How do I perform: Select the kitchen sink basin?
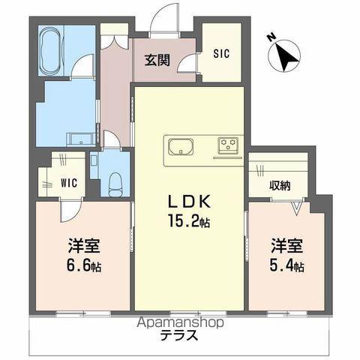click(181, 147)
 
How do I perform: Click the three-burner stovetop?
click(228, 144)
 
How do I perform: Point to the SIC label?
click(221, 53)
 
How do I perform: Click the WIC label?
click(69, 183)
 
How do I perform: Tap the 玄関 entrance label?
click(157, 60)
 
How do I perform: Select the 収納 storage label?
click(280, 185)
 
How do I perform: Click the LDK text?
click(189, 202)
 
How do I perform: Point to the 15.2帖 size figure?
click(189, 221)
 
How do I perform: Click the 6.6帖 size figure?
click(84, 265)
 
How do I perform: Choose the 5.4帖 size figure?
click(286, 265)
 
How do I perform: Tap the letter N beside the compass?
click(271, 37)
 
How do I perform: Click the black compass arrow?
click(287, 57)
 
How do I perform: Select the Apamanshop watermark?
click(181, 322)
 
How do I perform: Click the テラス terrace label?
click(179, 335)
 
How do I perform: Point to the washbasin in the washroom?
click(81, 139)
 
